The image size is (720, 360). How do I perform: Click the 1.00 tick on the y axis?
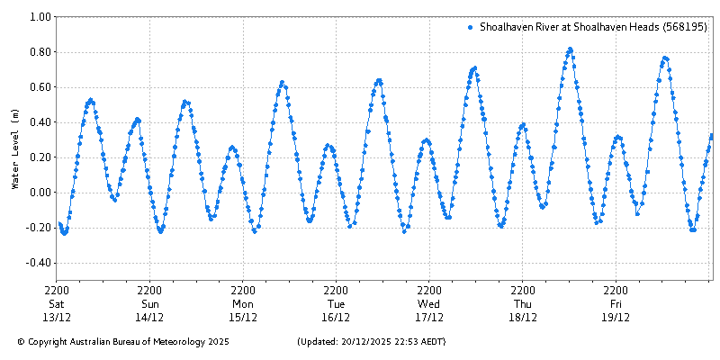coord(39,17)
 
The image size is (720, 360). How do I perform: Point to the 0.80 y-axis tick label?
coord(39,52)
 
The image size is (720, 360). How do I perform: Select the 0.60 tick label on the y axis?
coord(39,87)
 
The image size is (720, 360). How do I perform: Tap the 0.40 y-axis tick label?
coord(39,122)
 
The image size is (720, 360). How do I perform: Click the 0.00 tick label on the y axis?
coord(39,193)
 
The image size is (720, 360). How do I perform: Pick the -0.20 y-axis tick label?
coord(37,228)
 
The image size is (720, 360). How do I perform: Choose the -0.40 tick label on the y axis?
coord(37,263)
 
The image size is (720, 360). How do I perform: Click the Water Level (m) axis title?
coord(14,148)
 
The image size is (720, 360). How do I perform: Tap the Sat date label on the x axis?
coord(57,304)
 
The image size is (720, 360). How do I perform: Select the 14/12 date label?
coord(150,317)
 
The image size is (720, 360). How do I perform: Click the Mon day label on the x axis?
coord(243,304)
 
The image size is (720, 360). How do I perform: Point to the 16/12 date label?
coord(337,317)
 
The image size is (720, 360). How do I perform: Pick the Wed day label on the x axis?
coord(429,304)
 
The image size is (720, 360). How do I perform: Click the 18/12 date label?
coord(523,317)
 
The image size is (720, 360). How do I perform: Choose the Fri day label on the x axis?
coord(616,304)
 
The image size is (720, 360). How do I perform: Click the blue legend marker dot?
coord(471,28)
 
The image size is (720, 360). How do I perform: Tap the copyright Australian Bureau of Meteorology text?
coord(123,342)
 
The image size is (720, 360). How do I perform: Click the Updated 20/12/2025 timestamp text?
coord(371,342)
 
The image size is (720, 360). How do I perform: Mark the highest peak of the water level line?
coord(570,49)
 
